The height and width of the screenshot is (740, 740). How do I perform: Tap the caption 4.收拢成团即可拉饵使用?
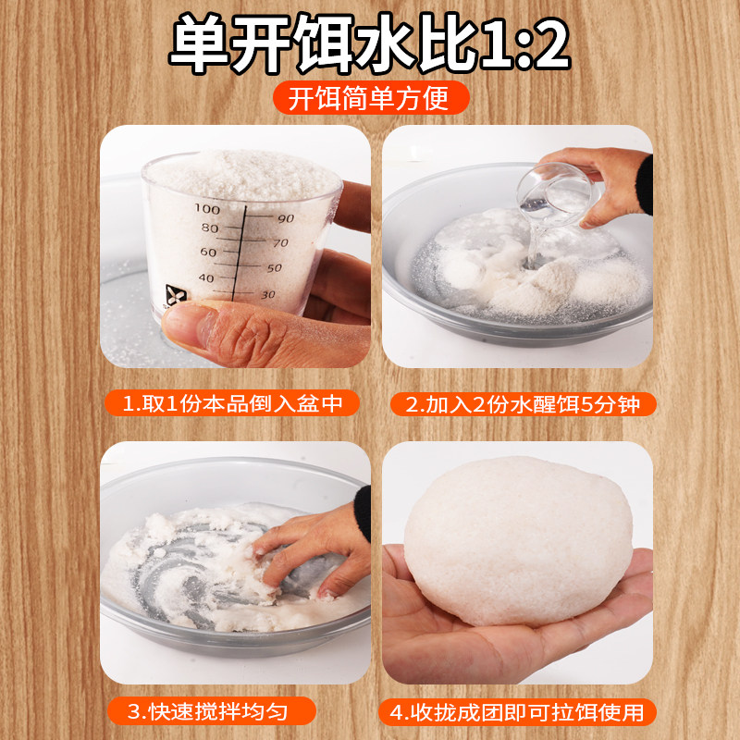click(x=518, y=711)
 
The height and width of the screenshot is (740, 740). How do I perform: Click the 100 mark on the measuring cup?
click(x=207, y=210)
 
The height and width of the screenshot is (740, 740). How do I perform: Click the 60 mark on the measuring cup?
click(x=207, y=253)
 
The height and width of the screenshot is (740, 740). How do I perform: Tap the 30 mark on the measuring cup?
click(x=268, y=294)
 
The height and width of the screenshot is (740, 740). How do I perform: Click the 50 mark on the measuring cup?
click(x=274, y=268)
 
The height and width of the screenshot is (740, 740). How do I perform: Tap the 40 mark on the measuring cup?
click(x=205, y=278)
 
